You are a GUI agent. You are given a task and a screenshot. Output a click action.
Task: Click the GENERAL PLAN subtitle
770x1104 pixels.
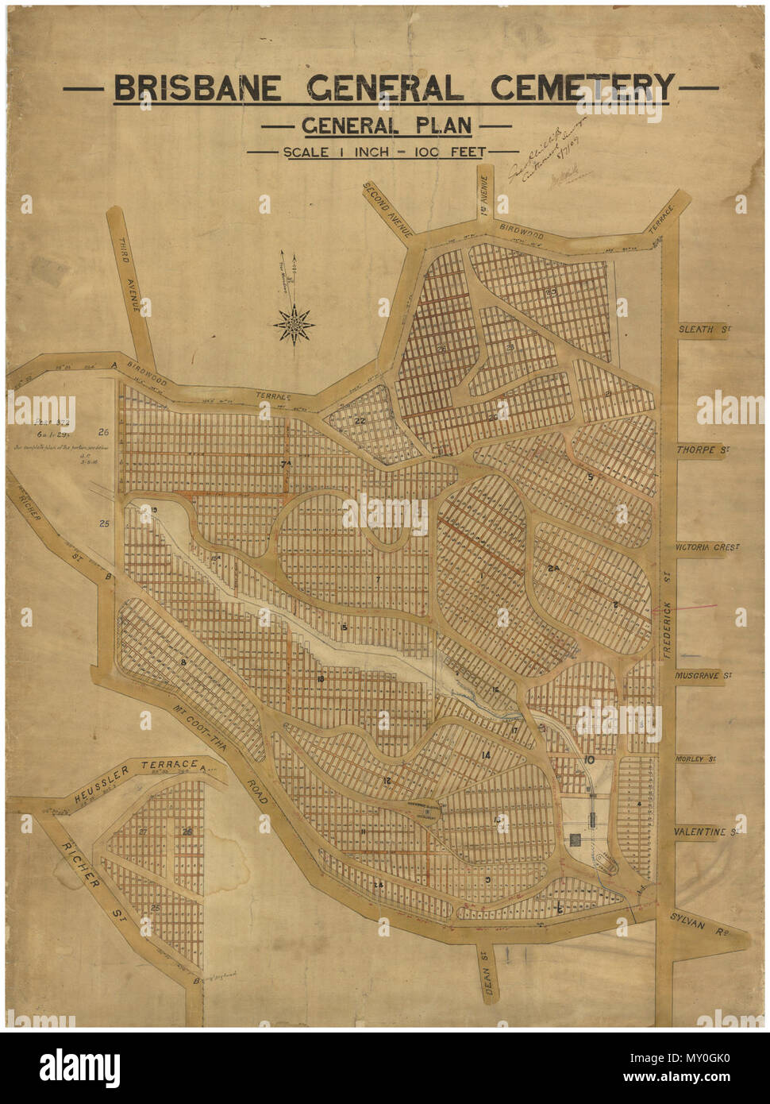(386, 125)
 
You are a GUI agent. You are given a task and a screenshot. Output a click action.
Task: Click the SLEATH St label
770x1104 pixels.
(703, 328)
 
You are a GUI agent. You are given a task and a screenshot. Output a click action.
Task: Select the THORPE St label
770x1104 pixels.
(703, 450)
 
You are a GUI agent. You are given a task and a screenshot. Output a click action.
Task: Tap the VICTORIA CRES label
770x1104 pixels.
(706, 547)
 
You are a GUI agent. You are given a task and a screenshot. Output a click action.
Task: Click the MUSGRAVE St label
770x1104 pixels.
(703, 674)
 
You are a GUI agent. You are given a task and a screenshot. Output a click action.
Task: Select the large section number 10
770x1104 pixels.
(588, 760)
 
